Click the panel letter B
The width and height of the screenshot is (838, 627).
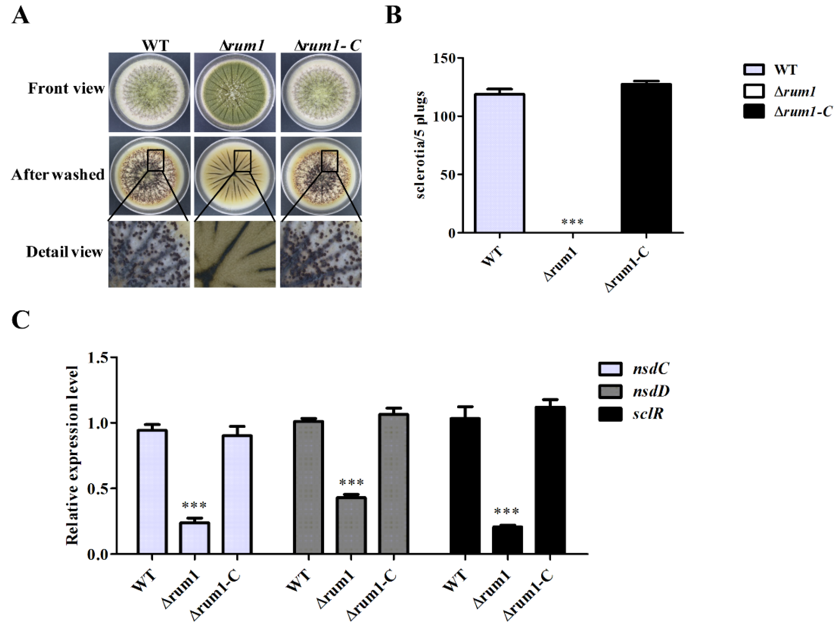point(394,16)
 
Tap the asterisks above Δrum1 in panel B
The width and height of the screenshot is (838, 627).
point(572,222)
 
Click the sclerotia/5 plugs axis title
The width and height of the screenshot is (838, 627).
point(421,145)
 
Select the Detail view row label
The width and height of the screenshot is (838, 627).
point(64,252)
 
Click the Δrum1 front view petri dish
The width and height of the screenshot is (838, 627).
point(235,92)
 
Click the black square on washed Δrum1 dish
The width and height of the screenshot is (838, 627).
point(243,161)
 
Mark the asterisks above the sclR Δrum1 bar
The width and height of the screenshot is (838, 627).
point(507,512)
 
